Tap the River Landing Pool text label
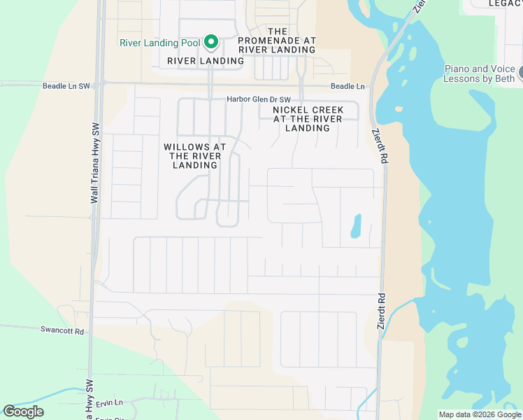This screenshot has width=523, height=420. [160, 43]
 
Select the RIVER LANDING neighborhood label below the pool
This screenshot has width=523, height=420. [206, 61]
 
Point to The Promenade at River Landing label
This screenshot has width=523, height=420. [278, 41]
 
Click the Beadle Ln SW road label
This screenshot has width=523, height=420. [66, 86]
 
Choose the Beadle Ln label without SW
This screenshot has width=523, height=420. [348, 86]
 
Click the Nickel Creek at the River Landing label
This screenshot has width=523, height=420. [308, 119]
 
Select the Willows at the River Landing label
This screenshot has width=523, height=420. [195, 156]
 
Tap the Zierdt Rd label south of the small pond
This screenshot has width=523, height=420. [382, 308]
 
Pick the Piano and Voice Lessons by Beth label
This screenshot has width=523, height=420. [479, 74]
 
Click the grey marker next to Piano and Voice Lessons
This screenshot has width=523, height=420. [521, 71]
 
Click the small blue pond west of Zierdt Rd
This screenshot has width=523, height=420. [355, 225]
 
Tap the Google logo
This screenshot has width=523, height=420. [24, 412]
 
